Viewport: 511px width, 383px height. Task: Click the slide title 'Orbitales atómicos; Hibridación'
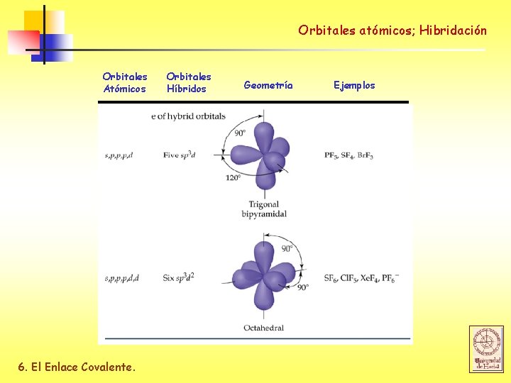point(392,30)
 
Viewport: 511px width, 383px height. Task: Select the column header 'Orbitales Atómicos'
point(125,82)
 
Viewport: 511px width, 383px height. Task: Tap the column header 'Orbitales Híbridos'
point(188,82)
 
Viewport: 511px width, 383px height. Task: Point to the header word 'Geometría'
point(268,85)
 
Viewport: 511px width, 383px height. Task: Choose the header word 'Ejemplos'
point(354,85)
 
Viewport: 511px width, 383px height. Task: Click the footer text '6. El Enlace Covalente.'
point(76,367)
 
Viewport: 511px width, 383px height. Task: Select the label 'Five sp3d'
point(180,155)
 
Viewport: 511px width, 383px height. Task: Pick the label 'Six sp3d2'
point(179,277)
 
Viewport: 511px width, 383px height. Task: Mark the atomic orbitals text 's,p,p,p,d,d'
point(121,277)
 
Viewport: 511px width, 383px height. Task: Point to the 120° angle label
point(233,177)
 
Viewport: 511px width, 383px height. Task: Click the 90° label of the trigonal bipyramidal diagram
point(240,133)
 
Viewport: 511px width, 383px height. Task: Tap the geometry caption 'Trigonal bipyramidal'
point(264,209)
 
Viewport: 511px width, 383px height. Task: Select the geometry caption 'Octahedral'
point(263,328)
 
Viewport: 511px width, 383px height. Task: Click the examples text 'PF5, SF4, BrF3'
point(348,155)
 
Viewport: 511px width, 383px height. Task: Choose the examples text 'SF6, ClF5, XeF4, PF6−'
point(361,277)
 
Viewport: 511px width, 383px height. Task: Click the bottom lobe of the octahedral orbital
point(264,297)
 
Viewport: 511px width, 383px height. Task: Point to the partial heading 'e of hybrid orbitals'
point(188,116)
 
